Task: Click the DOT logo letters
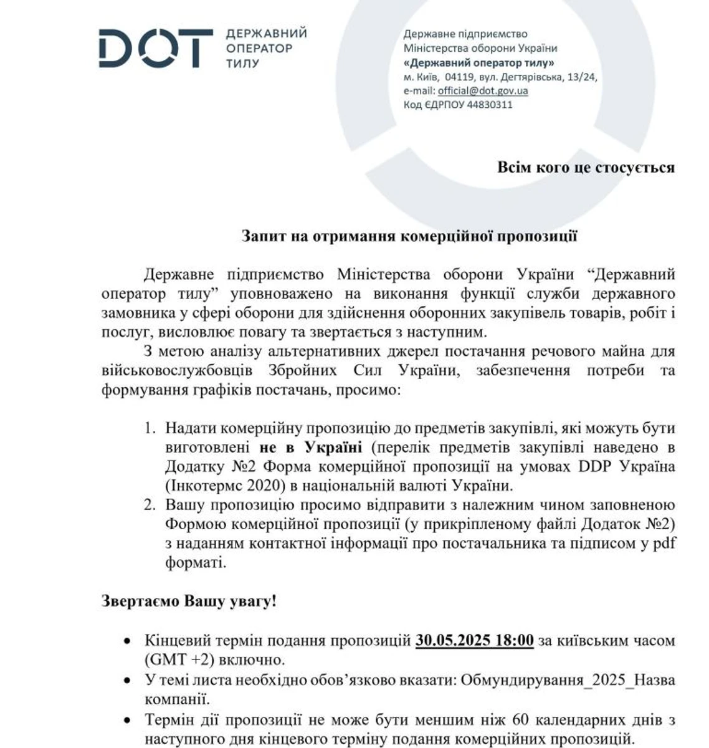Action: pyautogui.click(x=156, y=47)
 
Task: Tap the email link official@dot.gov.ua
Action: pyautogui.click(x=482, y=91)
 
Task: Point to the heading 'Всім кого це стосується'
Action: pyautogui.click(x=586, y=168)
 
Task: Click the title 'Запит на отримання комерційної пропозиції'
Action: pyautogui.click(x=409, y=236)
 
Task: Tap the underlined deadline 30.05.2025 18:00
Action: pyautogui.click(x=475, y=641)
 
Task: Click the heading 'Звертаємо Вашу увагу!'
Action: pyautogui.click(x=189, y=602)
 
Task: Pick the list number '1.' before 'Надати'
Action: pyautogui.click(x=150, y=429)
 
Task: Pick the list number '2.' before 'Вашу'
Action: pyautogui.click(x=150, y=505)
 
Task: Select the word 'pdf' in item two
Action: pyautogui.click(x=663, y=543)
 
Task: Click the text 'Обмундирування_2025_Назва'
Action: pyautogui.click(x=568, y=679)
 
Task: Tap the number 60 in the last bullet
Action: pyautogui.click(x=520, y=721)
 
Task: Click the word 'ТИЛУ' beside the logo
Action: pyautogui.click(x=242, y=64)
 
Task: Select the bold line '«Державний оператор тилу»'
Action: pyautogui.click(x=479, y=63)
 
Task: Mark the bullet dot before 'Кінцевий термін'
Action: pyautogui.click(x=128, y=641)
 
